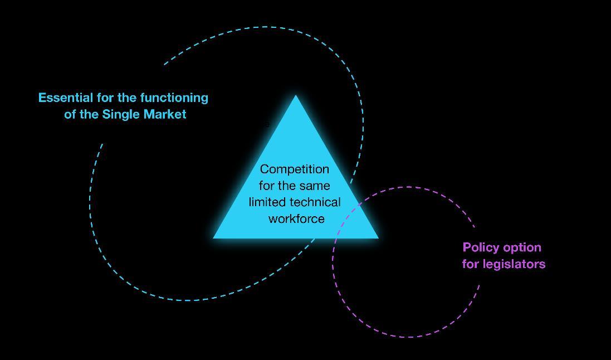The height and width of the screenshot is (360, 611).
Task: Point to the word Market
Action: tap(165, 114)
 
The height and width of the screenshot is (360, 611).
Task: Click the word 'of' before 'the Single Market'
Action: tap(70, 114)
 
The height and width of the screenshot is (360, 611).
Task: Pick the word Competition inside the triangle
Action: tap(294, 169)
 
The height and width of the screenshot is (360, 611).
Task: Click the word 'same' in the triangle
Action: tap(315, 186)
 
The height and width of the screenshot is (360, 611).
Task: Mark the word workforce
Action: tap(296, 218)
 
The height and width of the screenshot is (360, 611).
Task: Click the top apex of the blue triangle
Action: tap(296, 96)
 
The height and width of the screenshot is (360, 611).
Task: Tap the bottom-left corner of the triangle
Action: tap(215, 237)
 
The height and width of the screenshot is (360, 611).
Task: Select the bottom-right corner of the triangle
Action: tap(377, 237)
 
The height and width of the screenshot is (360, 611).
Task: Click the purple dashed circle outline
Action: tap(409, 337)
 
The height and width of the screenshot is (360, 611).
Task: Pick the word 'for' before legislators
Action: tap(471, 264)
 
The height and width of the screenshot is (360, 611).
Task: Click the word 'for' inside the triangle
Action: tap(267, 186)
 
